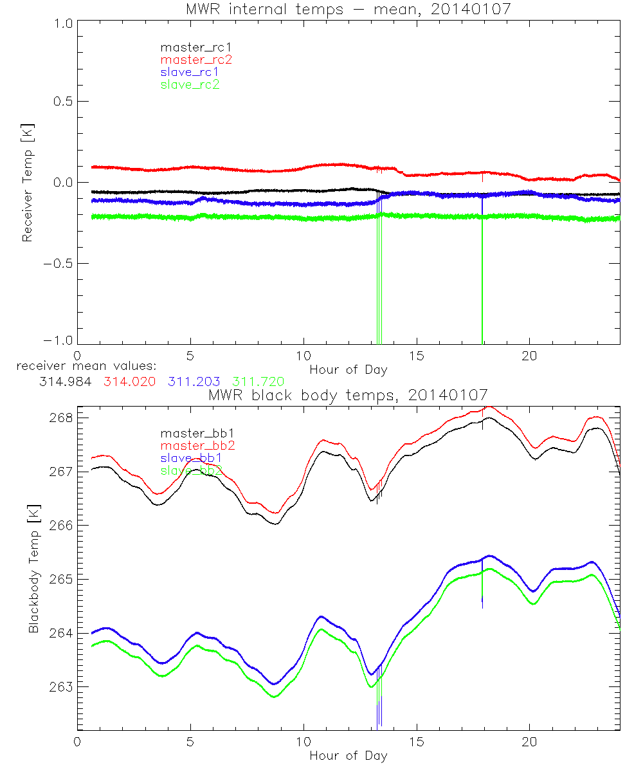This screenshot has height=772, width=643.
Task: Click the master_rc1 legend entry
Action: pyautogui.click(x=190, y=47)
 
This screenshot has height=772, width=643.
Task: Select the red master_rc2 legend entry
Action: pyautogui.click(x=195, y=59)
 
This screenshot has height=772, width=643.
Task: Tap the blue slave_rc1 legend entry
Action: pyautogui.click(x=190, y=72)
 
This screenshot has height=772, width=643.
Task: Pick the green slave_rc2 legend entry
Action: pyautogui.click(x=190, y=84)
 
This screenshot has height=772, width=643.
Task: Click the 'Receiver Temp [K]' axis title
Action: pyautogui.click(x=27, y=182)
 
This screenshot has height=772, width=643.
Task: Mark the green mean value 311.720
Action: pyautogui.click(x=258, y=381)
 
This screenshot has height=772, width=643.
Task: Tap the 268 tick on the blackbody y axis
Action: pyautogui.click(x=60, y=418)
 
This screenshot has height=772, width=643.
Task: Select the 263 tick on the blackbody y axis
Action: pyautogui.click(x=60, y=687)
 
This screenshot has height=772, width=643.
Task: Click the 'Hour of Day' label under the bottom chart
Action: pyautogui.click(x=348, y=755)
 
